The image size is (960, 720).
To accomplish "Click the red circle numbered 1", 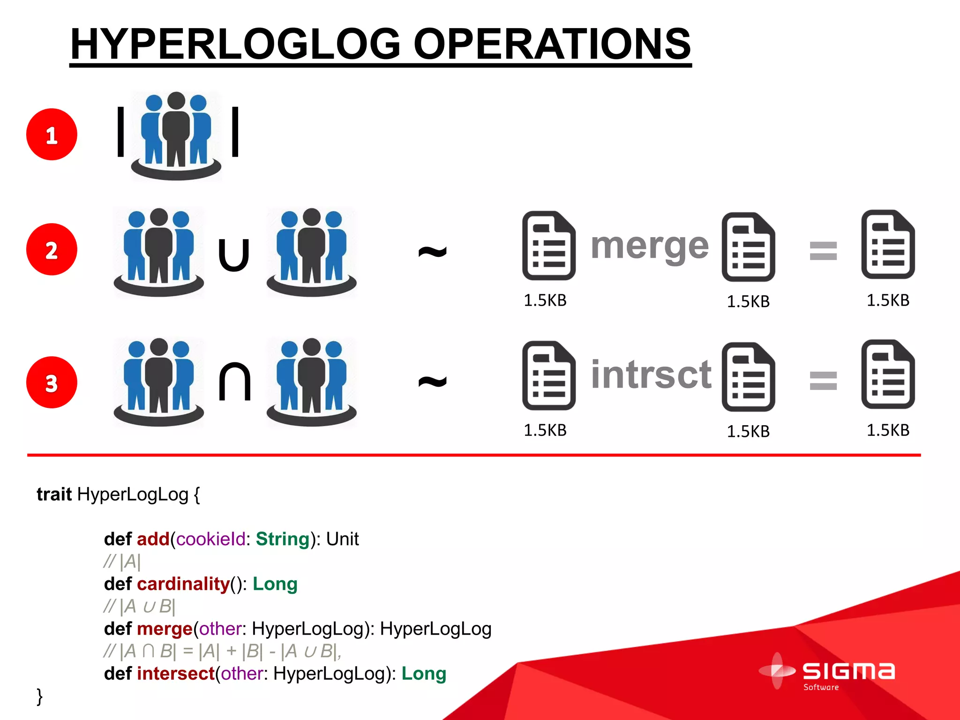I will [x=52, y=135].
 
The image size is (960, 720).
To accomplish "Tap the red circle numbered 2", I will [x=52, y=249].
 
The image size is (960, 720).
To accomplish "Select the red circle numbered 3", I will [x=52, y=382].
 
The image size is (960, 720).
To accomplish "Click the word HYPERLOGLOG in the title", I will [x=235, y=44].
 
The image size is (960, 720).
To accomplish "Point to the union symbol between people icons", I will [x=234, y=255].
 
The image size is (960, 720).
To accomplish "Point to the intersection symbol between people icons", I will [x=235, y=382].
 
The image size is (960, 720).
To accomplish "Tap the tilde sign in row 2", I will [x=432, y=252].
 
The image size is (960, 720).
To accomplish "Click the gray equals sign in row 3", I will [x=823, y=380].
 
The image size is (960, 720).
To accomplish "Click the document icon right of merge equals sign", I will [x=888, y=245].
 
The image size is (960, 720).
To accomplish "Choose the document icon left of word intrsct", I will [x=549, y=375].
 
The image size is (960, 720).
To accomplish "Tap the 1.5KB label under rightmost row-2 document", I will [x=888, y=300].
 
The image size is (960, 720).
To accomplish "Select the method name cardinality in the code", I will [x=183, y=584].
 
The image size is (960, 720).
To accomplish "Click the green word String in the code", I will [x=283, y=539].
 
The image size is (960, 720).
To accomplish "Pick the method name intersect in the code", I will [x=176, y=674].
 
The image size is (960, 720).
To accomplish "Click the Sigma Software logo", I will [x=827, y=673].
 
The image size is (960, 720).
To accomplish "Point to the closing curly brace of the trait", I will [x=40, y=697].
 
